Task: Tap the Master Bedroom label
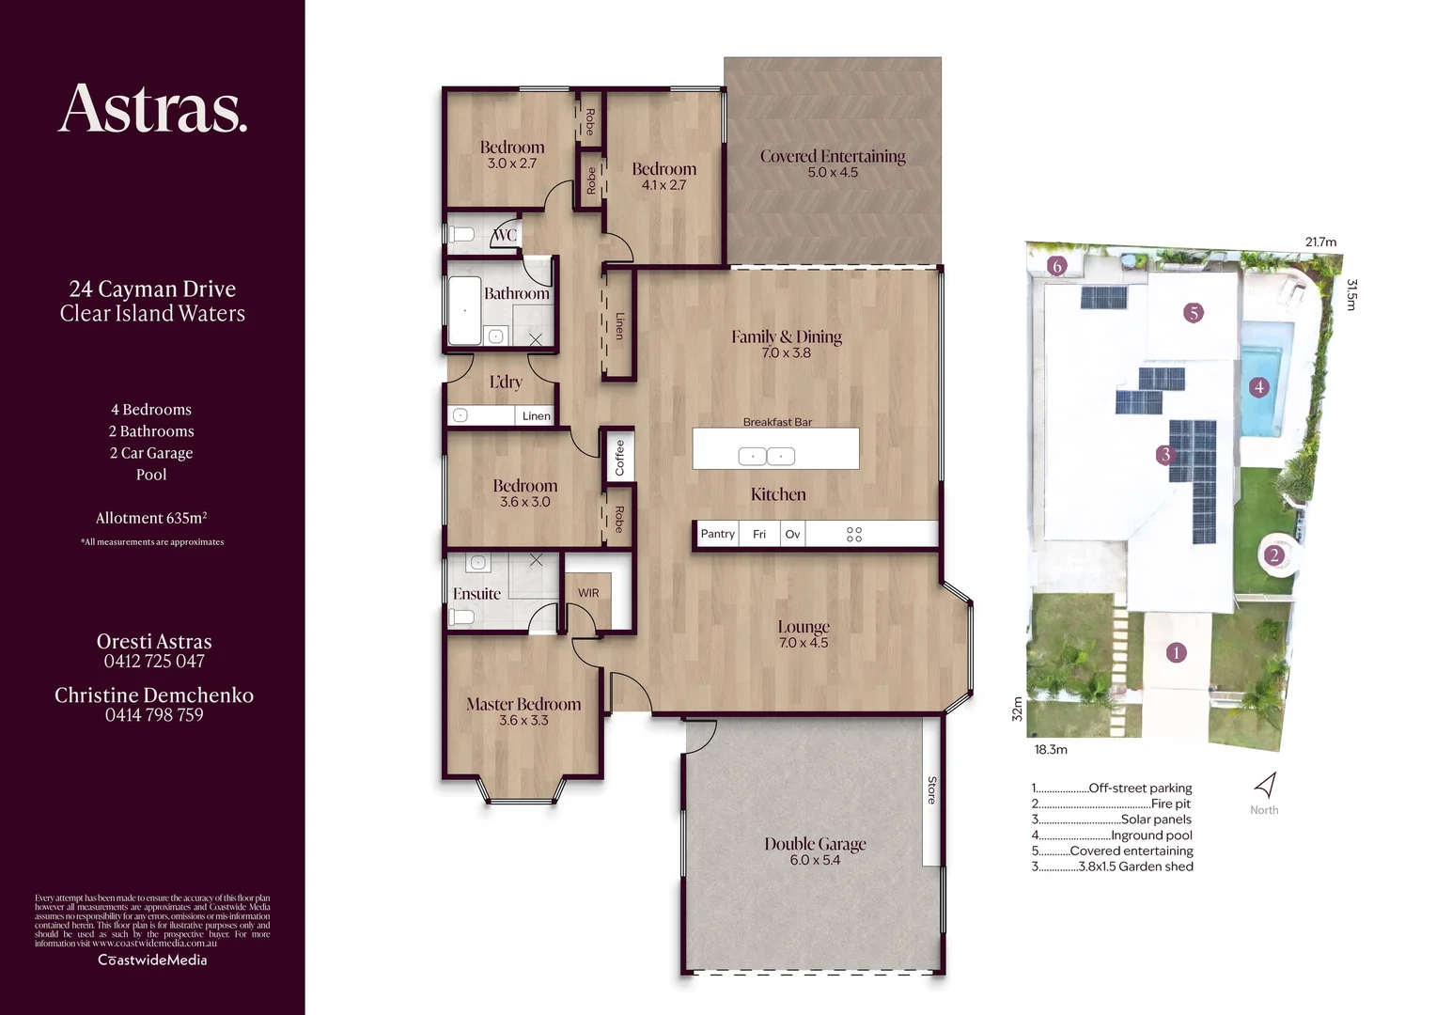click(523, 704)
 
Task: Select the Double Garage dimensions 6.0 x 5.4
click(815, 860)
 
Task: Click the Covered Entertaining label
click(833, 156)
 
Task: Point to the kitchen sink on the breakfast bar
click(767, 457)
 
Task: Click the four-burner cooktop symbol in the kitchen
click(853, 534)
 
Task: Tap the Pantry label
click(717, 534)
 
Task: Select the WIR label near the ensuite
click(588, 593)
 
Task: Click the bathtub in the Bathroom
click(463, 310)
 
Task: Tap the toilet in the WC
click(461, 234)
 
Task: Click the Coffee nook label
click(619, 458)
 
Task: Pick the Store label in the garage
click(931, 790)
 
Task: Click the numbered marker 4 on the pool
click(1259, 386)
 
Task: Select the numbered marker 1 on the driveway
click(1176, 652)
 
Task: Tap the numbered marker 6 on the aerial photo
click(1056, 266)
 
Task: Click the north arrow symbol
click(1266, 786)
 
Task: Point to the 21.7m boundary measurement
click(1320, 242)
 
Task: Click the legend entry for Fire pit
click(1112, 804)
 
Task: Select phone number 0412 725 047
click(154, 661)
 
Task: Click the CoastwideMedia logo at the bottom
click(152, 960)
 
